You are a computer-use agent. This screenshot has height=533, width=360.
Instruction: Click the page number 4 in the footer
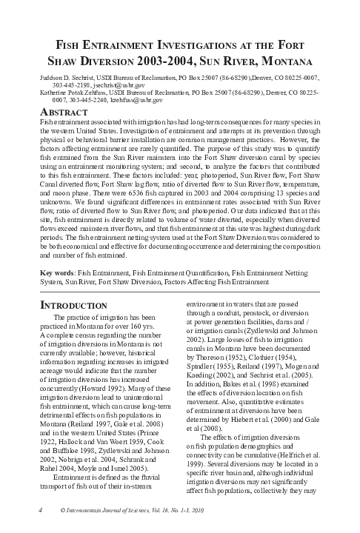(39, 511)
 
